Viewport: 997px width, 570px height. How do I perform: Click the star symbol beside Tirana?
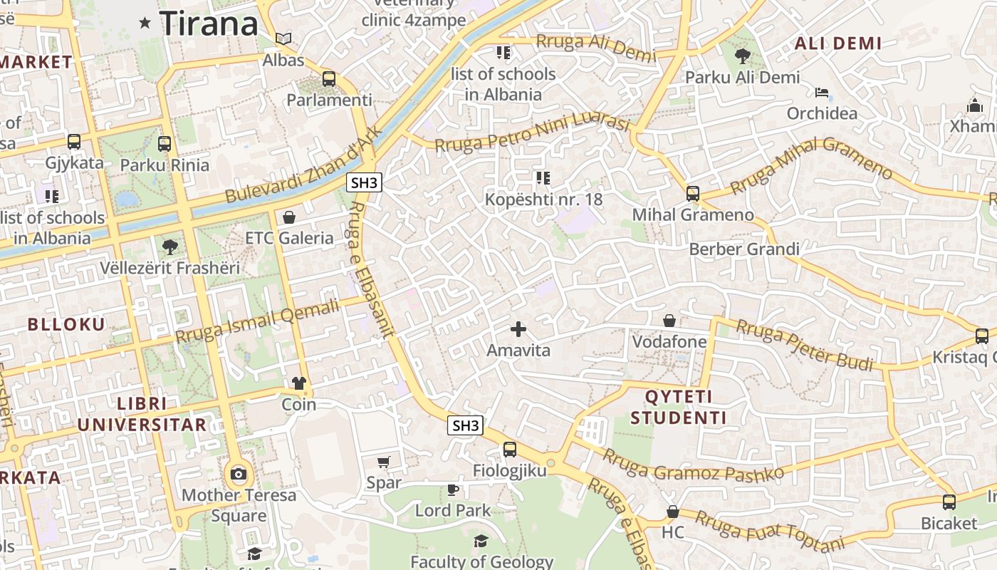click(145, 23)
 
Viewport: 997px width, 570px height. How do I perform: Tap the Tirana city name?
click(209, 23)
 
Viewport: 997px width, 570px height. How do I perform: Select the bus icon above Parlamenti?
click(329, 79)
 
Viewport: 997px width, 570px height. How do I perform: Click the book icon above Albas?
click(283, 38)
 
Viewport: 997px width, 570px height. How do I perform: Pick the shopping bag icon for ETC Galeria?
click(289, 217)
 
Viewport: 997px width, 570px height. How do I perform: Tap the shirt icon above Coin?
click(299, 383)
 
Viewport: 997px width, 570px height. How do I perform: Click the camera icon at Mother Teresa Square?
click(239, 474)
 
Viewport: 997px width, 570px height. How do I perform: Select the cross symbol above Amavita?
click(518, 329)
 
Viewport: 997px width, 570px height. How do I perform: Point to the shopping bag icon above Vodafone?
click(669, 321)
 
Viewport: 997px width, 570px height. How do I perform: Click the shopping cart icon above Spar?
click(384, 462)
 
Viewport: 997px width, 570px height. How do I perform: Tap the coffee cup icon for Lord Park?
click(453, 489)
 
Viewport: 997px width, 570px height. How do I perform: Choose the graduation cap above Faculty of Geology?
click(481, 541)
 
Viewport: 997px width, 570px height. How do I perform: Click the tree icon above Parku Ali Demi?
click(743, 56)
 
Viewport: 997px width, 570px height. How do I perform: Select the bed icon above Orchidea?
click(822, 93)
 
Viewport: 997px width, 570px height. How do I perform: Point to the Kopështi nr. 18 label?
click(543, 199)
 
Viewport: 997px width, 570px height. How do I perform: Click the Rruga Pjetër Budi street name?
click(804, 345)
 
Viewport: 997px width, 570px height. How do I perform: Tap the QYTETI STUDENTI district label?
click(679, 407)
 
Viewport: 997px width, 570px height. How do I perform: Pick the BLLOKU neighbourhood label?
click(66, 324)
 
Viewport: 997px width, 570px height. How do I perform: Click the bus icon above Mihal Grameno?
click(693, 193)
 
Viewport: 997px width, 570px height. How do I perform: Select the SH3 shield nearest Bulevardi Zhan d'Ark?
click(365, 182)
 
